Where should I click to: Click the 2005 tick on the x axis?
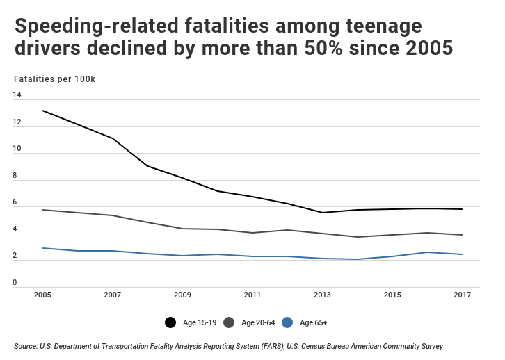pyautogui.click(x=42, y=295)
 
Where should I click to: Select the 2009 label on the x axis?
pyautogui.click(x=182, y=295)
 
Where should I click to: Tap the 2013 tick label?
pyautogui.click(x=322, y=295)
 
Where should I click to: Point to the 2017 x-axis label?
pyautogui.click(x=463, y=295)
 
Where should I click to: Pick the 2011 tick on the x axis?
pyautogui.click(x=252, y=295)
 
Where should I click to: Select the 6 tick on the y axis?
pyautogui.click(x=15, y=202)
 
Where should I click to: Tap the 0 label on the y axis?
pyautogui.click(x=15, y=283)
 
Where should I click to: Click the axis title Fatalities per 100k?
pyautogui.click(x=54, y=78)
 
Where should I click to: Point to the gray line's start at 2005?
pyautogui.click(x=42, y=209)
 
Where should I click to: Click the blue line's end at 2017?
pyautogui.click(x=463, y=254)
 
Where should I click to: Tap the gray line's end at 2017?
pyautogui.click(x=463, y=235)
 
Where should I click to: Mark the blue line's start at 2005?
pyautogui.click(x=42, y=248)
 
